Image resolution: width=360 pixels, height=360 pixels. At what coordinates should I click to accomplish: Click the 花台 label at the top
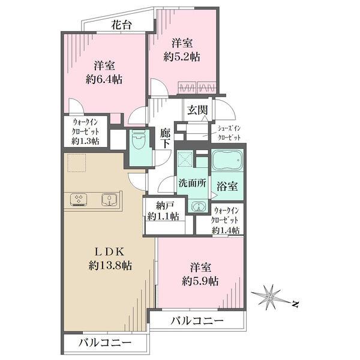click(x=121, y=26)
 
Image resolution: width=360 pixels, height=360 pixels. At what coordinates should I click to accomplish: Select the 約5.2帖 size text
click(x=182, y=57)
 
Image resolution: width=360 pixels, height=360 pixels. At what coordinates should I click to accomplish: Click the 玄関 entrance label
click(x=197, y=110)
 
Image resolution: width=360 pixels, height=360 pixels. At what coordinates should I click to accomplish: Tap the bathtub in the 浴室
click(x=229, y=163)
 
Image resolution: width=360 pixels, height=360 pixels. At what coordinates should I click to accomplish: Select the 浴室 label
click(x=227, y=186)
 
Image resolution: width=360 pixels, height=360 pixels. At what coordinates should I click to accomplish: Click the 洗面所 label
click(x=193, y=183)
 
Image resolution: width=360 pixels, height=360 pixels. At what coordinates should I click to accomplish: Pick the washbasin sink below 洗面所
click(x=197, y=206)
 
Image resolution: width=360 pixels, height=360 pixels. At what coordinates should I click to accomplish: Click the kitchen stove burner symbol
click(x=79, y=199)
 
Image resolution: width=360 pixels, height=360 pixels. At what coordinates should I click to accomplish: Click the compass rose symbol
click(x=271, y=296)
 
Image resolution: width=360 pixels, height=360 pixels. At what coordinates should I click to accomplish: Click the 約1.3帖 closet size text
click(x=85, y=141)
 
